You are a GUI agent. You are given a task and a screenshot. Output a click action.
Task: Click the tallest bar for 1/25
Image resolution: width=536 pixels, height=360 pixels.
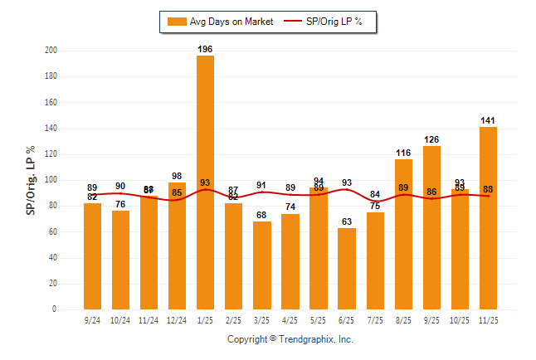205,182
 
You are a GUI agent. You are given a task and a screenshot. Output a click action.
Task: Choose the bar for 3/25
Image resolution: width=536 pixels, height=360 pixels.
261,265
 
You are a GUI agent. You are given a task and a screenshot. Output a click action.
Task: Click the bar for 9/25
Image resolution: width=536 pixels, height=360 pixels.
431,227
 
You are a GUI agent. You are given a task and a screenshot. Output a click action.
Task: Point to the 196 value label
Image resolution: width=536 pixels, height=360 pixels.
205,50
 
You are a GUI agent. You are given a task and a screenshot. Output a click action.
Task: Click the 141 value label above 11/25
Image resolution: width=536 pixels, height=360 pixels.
488,121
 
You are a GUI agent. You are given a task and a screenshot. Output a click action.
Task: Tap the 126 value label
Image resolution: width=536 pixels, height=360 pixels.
431,140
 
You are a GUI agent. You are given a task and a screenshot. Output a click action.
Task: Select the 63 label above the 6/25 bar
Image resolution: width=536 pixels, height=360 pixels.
346,221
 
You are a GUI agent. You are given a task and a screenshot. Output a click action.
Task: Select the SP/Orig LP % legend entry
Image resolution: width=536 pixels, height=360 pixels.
326,22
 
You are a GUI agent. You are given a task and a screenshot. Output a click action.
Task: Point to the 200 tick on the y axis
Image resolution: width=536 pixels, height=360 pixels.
51,51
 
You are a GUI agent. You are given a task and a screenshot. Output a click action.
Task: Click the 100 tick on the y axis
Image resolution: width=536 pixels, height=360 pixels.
51,180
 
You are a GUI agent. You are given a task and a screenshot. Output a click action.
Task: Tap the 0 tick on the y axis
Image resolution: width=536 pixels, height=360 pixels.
54,309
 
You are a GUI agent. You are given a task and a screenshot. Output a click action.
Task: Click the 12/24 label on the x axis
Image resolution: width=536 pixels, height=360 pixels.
177,319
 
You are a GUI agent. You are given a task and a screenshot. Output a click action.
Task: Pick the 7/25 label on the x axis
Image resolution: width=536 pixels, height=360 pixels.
375,319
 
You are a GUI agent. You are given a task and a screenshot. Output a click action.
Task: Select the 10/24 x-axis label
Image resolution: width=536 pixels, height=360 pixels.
120,319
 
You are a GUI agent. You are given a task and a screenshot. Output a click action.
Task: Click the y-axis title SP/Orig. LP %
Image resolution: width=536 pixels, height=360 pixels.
31,180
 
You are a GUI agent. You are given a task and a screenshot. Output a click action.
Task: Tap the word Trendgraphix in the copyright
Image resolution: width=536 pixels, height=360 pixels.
306,339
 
